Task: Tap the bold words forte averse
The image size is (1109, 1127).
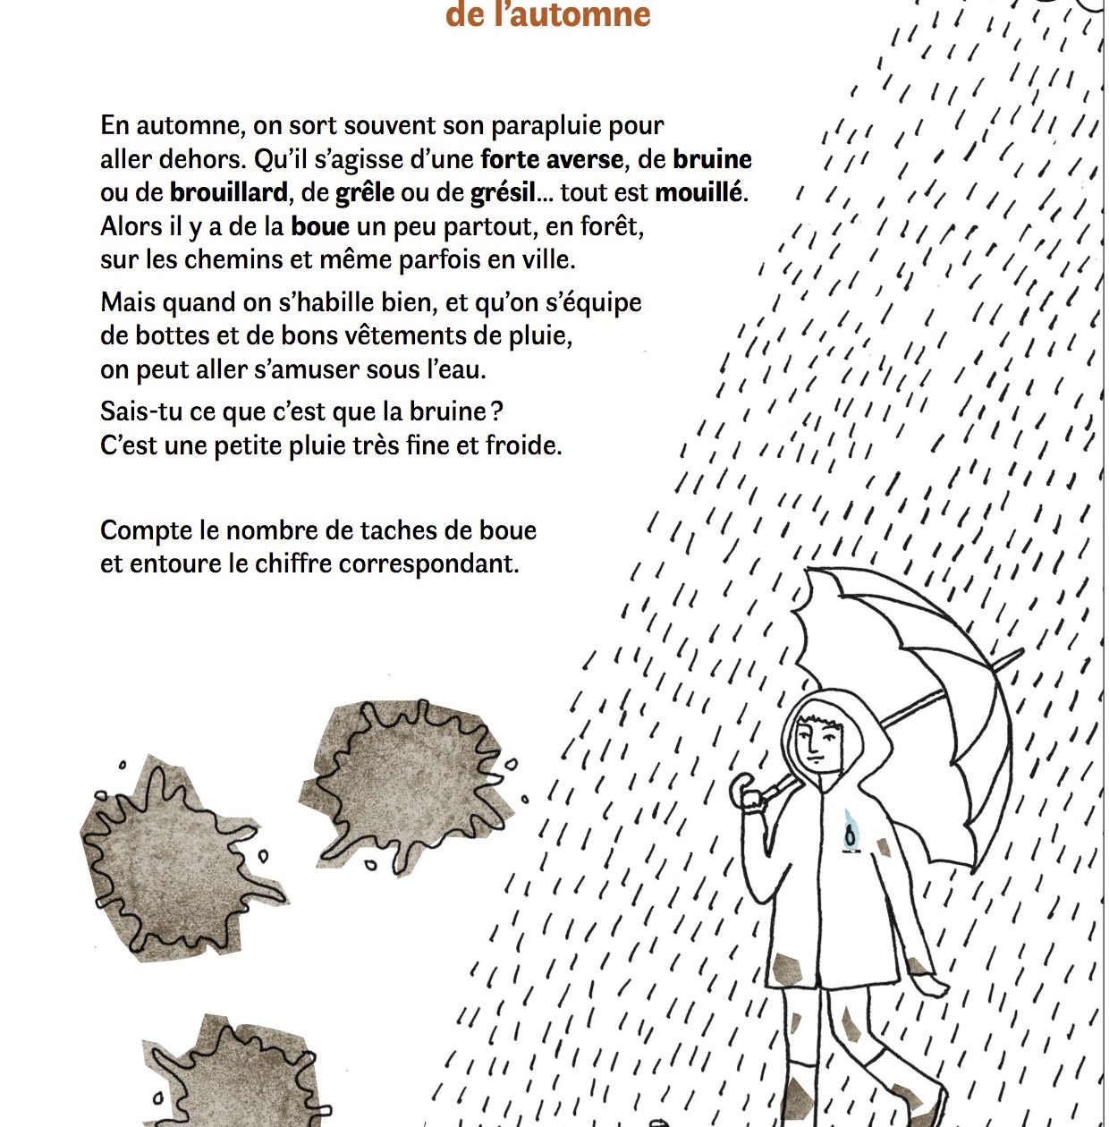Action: [x=552, y=160]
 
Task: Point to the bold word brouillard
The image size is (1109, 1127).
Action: [x=229, y=193]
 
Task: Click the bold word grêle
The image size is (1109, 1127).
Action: [x=365, y=193]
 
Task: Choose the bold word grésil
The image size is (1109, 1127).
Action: [x=503, y=193]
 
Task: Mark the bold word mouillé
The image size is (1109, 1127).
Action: [x=700, y=193]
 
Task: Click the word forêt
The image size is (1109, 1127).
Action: [x=612, y=226]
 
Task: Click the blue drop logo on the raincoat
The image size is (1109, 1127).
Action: [x=851, y=831]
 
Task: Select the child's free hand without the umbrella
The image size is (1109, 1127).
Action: [x=935, y=985]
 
